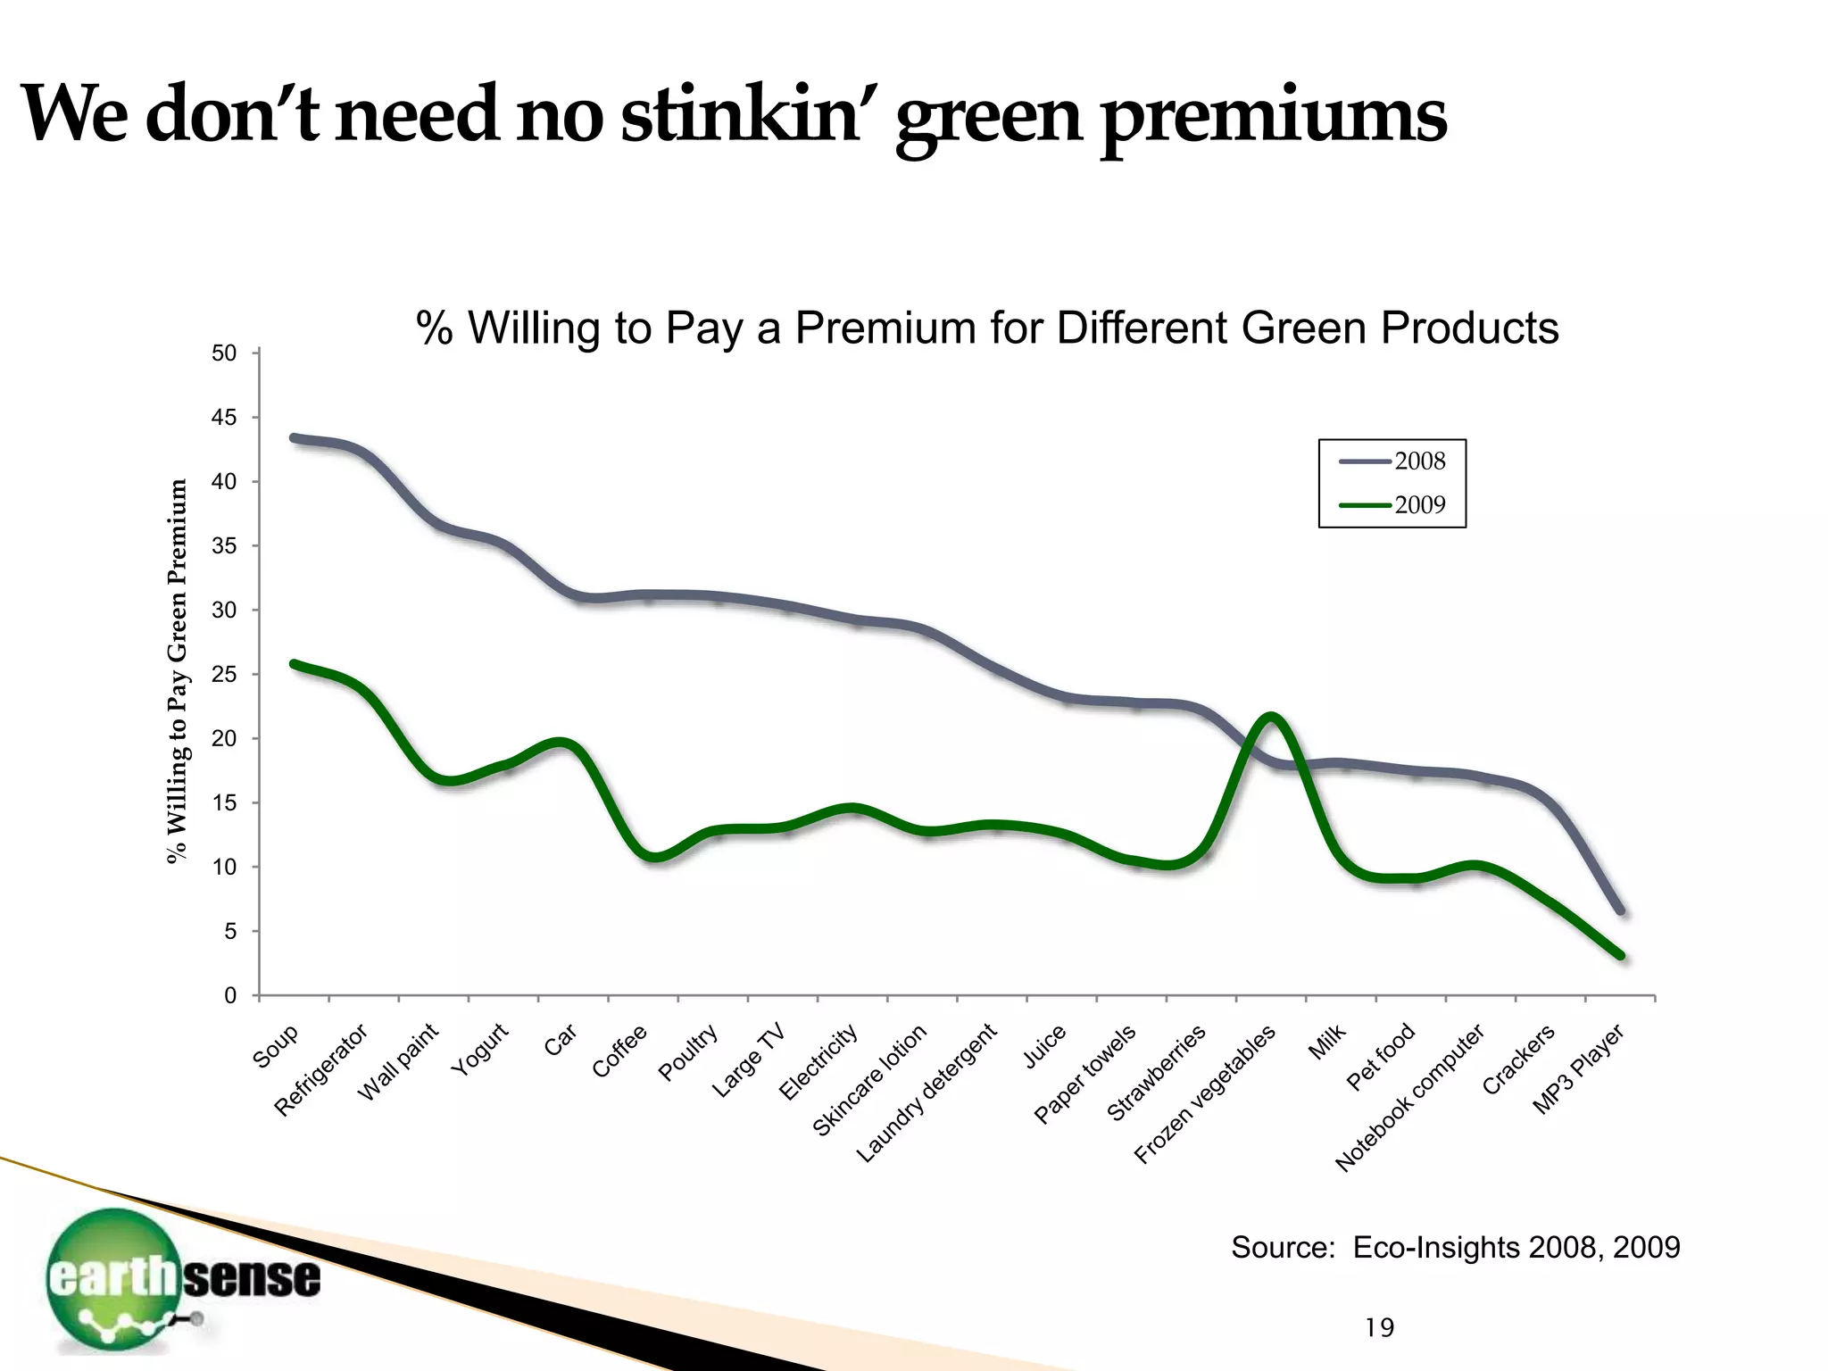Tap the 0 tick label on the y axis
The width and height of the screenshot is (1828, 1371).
230,996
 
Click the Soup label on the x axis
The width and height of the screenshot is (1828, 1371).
276,1047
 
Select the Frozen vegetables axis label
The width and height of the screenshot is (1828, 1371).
1205,1096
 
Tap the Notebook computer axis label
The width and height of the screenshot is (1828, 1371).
1409,1098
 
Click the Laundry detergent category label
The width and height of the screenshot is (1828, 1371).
926,1094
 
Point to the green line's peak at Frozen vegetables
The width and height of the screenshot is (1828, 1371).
1269,716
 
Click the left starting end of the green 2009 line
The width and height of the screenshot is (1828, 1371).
294,663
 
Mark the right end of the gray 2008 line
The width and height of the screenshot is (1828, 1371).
1621,911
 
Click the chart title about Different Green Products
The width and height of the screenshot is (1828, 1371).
987,328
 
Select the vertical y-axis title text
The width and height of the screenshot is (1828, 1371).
179,671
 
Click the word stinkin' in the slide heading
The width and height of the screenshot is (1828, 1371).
740,115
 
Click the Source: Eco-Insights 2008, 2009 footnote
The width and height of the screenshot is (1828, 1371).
1455,1247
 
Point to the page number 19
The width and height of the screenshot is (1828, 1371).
1379,1328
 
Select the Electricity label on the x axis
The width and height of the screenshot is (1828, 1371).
819,1062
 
